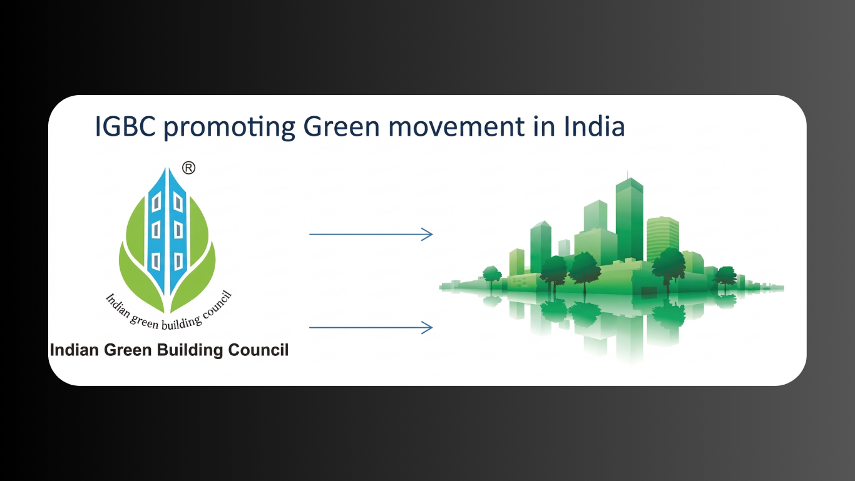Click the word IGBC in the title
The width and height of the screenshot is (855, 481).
pos(125,126)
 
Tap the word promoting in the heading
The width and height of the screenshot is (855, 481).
pos(230,128)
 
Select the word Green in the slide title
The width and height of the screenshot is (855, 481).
pos(342,126)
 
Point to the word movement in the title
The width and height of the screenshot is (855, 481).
pos(456,128)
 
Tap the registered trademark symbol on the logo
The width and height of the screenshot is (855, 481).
pos(188,168)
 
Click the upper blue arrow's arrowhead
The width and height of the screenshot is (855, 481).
pos(427,234)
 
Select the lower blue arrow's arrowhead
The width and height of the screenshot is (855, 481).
pos(427,327)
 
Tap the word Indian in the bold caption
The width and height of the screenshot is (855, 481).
pos(75,350)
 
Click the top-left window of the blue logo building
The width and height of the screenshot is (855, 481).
pos(156,201)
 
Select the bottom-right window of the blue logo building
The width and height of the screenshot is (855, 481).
pos(178,261)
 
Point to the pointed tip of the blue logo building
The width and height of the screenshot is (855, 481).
pos(166,168)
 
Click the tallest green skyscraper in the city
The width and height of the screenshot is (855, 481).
pos(629,220)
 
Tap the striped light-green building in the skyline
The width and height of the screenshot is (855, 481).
pos(663,238)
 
